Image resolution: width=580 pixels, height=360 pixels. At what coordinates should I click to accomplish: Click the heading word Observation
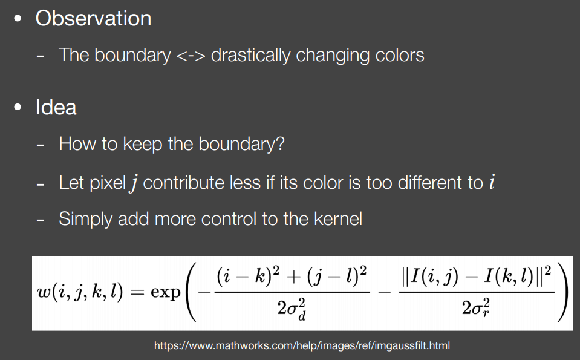click(93, 19)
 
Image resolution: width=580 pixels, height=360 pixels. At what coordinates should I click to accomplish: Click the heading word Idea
click(56, 107)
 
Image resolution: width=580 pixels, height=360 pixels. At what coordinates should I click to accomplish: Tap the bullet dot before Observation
click(18, 19)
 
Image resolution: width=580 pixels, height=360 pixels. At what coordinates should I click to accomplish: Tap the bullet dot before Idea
click(18, 107)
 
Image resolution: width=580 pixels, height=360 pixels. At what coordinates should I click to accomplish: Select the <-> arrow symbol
click(191, 56)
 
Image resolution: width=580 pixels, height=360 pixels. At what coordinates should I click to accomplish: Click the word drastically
click(250, 56)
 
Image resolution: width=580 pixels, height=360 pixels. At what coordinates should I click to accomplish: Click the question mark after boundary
click(280, 143)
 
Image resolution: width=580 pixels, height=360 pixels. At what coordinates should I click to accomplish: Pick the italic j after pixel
click(134, 183)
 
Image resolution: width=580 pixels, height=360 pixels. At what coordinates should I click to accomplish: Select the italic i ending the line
click(492, 182)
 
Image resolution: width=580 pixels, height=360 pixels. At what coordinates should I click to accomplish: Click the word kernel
click(337, 218)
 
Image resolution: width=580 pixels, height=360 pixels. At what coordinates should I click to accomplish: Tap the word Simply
click(85, 220)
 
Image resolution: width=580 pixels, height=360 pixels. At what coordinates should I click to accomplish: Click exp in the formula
click(165, 292)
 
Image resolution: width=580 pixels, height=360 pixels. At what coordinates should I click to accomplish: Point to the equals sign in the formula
click(137, 292)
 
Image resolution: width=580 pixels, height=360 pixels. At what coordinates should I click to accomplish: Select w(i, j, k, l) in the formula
click(80, 292)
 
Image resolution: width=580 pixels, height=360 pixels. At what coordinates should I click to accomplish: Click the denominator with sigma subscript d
click(292, 309)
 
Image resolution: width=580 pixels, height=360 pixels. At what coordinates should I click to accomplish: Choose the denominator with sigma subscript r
click(476, 307)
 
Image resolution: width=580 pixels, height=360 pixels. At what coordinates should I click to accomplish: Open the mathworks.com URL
click(302, 345)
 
